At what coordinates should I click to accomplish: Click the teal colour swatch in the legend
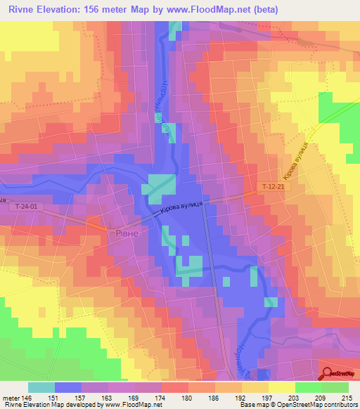point(41,387)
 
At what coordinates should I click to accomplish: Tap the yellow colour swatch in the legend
point(281,387)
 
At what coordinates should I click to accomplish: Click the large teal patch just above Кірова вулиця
point(159,185)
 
